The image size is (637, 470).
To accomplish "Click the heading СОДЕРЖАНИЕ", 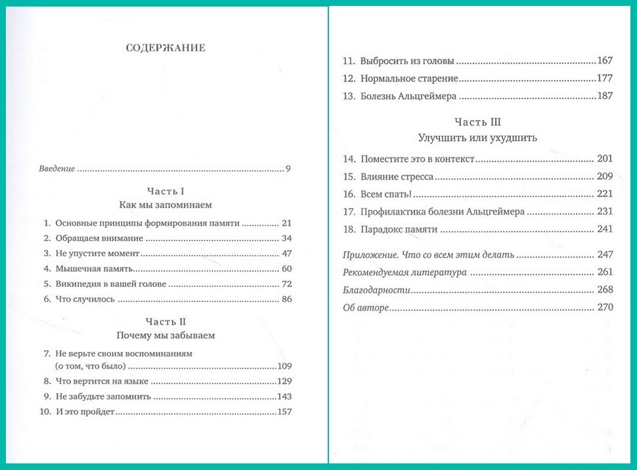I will pos(165,48).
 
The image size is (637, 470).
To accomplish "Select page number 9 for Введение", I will pos(288,169).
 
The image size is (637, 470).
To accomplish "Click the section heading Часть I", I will pos(165,191).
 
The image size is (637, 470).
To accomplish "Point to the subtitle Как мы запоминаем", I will pos(165,205).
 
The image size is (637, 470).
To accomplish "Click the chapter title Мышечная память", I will pos(95,268).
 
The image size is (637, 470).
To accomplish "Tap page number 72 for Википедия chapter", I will pos(285,284).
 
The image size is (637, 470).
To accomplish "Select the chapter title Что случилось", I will pos(85,299).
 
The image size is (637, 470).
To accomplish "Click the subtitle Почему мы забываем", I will pos(165,335).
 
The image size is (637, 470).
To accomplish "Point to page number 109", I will pos(284,366).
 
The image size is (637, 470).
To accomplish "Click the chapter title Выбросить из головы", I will pos(407,61).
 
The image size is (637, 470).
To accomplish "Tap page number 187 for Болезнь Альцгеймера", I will pos(604,96).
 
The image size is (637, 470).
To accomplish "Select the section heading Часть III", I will pos(477,123).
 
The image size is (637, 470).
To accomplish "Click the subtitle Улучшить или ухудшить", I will pos(477,138).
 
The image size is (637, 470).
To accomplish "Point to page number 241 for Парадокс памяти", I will pos(604,229).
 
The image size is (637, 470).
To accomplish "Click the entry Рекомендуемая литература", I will pos(404,272).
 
